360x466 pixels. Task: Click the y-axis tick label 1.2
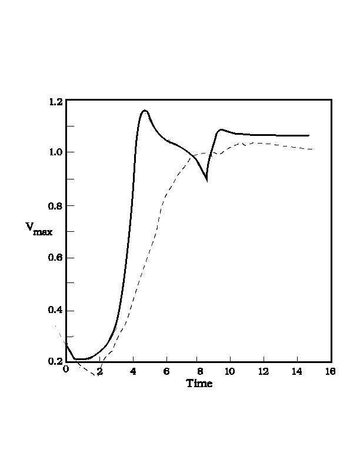tap(55, 102)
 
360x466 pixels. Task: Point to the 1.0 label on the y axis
tap(55, 152)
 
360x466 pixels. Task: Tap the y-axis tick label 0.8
tap(55, 205)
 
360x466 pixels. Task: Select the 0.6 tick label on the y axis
tap(55, 258)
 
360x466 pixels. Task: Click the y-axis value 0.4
tap(55, 311)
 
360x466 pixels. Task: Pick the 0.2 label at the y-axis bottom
tap(55, 361)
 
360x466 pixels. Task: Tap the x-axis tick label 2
tap(99, 371)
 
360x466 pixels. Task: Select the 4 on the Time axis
tap(133, 371)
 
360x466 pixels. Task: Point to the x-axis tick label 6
tap(166, 371)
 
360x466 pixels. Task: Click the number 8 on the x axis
tap(199, 371)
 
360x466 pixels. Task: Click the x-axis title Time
tap(199, 384)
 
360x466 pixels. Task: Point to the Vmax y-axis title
tap(39, 229)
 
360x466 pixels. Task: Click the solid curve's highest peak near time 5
tap(145, 111)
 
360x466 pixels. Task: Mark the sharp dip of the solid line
tap(207, 181)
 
